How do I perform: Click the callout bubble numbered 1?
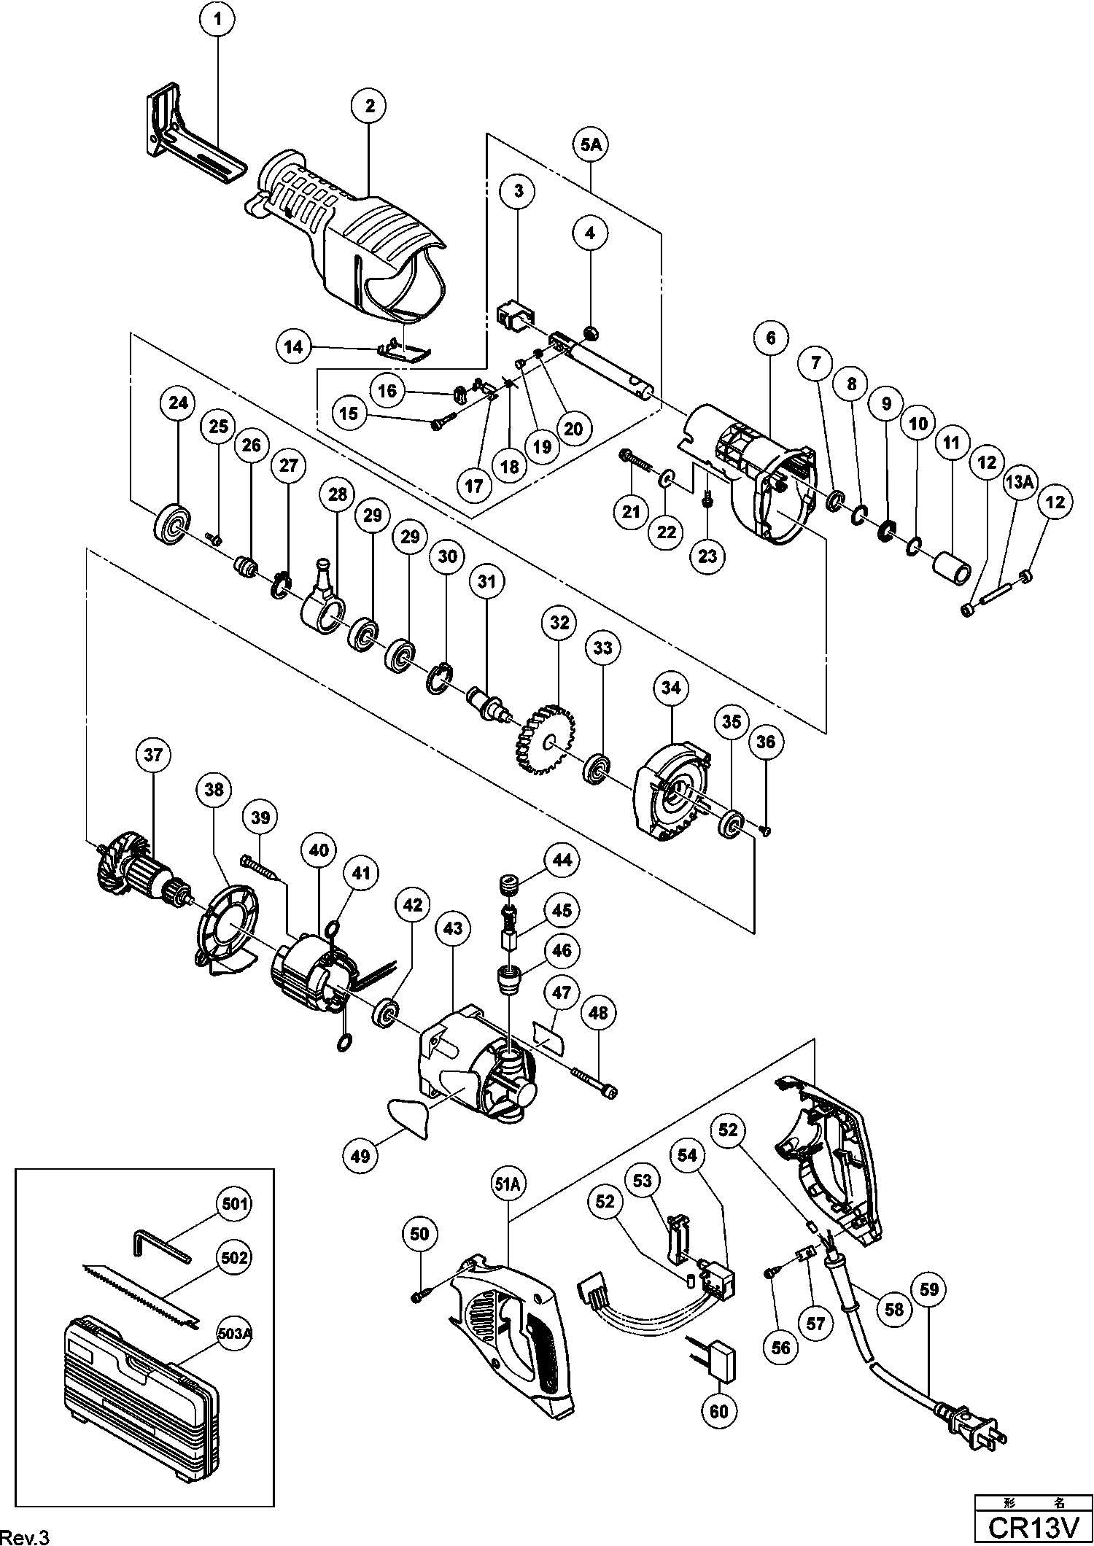pyautogui.click(x=217, y=20)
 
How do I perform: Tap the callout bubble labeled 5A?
pyautogui.click(x=590, y=146)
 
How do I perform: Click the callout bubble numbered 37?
pyautogui.click(x=154, y=755)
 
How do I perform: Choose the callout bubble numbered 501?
pyautogui.click(x=233, y=1203)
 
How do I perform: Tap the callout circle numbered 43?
pyautogui.click(x=453, y=928)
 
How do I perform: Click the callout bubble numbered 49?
pyautogui.click(x=361, y=1155)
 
